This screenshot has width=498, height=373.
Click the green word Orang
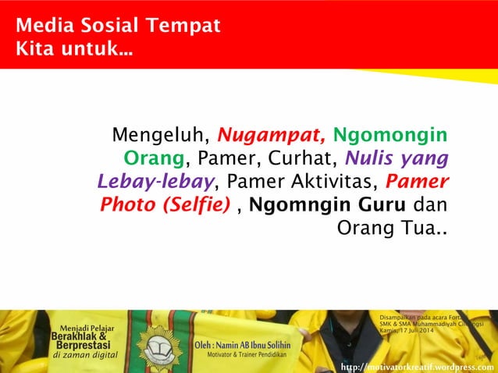(x=155, y=160)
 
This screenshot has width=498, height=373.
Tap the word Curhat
(x=298, y=160)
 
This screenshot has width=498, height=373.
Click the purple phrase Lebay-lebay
(x=156, y=183)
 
